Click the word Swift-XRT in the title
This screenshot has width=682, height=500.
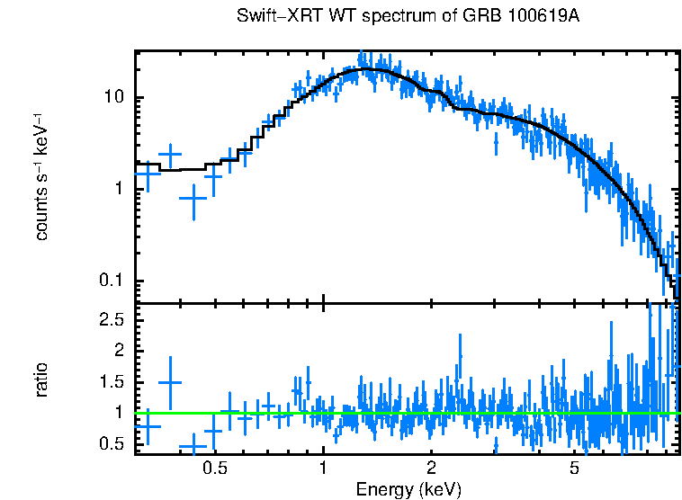(x=271, y=17)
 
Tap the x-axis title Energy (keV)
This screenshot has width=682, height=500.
(x=408, y=489)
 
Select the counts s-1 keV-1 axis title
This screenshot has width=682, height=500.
(x=42, y=176)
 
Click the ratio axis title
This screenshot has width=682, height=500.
(x=42, y=379)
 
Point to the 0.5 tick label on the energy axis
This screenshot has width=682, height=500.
(x=213, y=469)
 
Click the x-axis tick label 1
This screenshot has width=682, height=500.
(x=323, y=469)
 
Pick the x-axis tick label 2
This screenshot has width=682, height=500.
(x=432, y=469)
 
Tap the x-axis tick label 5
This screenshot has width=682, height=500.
(x=575, y=469)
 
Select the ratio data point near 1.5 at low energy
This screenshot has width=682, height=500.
(x=170, y=382)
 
